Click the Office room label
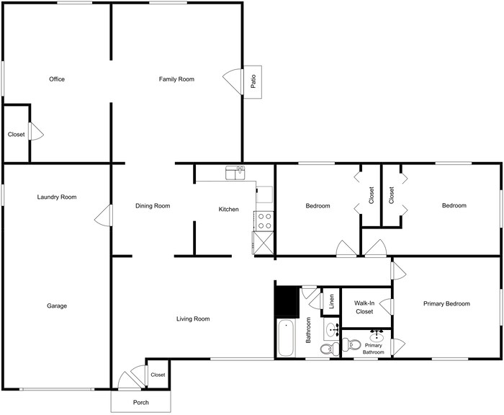(x=57, y=79)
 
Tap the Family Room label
(x=176, y=79)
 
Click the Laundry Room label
(x=58, y=197)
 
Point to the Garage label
(x=57, y=306)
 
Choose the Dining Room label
(x=153, y=207)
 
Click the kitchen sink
(x=235, y=172)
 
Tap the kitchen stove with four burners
(x=264, y=220)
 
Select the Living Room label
(x=193, y=318)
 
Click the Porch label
(x=141, y=402)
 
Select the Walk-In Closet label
(x=364, y=308)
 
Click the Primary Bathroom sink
(x=377, y=336)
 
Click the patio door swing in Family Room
(x=232, y=79)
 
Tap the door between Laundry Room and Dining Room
(x=104, y=214)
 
